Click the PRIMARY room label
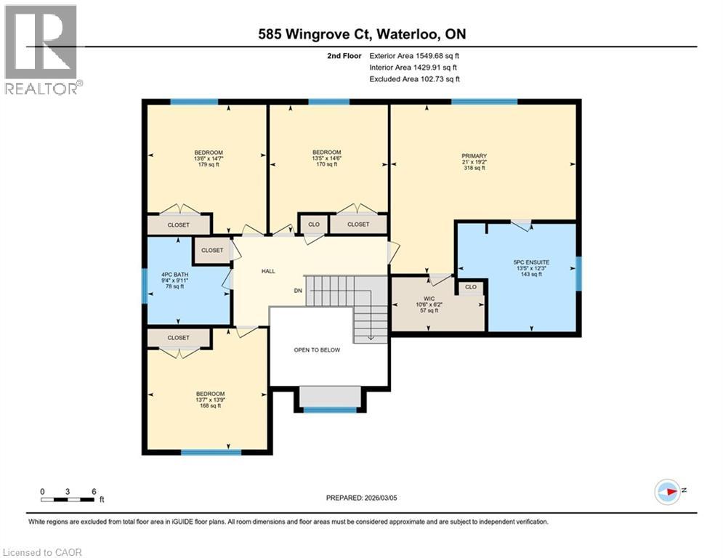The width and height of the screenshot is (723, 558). click(474, 155)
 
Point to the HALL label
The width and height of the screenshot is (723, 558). click(268, 271)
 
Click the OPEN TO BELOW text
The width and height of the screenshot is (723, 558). click(316, 349)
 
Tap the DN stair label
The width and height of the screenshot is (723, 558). click(296, 291)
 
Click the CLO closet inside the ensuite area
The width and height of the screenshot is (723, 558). click(471, 287)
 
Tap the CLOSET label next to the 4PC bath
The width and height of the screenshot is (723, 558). click(212, 250)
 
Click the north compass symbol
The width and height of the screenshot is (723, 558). click(667, 492)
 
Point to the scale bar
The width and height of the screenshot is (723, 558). click(68, 499)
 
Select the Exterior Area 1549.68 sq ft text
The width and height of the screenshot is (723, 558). click(414, 55)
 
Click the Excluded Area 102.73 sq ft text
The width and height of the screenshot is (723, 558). click(414, 78)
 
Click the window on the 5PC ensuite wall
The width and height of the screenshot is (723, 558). click(578, 272)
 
